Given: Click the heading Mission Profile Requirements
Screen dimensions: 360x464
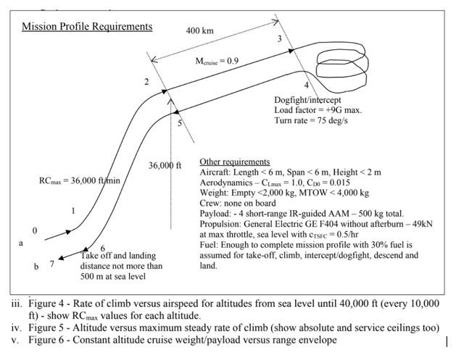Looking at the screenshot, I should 87,27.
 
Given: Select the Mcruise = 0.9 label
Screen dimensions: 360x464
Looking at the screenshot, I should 217,62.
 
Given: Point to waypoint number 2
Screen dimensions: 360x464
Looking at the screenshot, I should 146,82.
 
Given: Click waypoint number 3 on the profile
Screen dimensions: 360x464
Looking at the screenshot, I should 279,39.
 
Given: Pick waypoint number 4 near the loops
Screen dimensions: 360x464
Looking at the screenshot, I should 306,85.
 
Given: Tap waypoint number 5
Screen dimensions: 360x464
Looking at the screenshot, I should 179,123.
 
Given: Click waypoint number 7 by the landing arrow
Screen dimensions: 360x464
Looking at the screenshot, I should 51,264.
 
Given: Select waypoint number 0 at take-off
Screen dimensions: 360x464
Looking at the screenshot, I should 34,230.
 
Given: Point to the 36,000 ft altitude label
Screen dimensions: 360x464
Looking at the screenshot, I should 165,165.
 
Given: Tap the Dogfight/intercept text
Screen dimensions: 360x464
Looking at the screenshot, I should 307,99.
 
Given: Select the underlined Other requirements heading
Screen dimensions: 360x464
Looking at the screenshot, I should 234,162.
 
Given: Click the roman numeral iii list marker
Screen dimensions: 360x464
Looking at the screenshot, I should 14,304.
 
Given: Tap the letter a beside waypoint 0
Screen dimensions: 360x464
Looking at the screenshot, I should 21,243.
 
